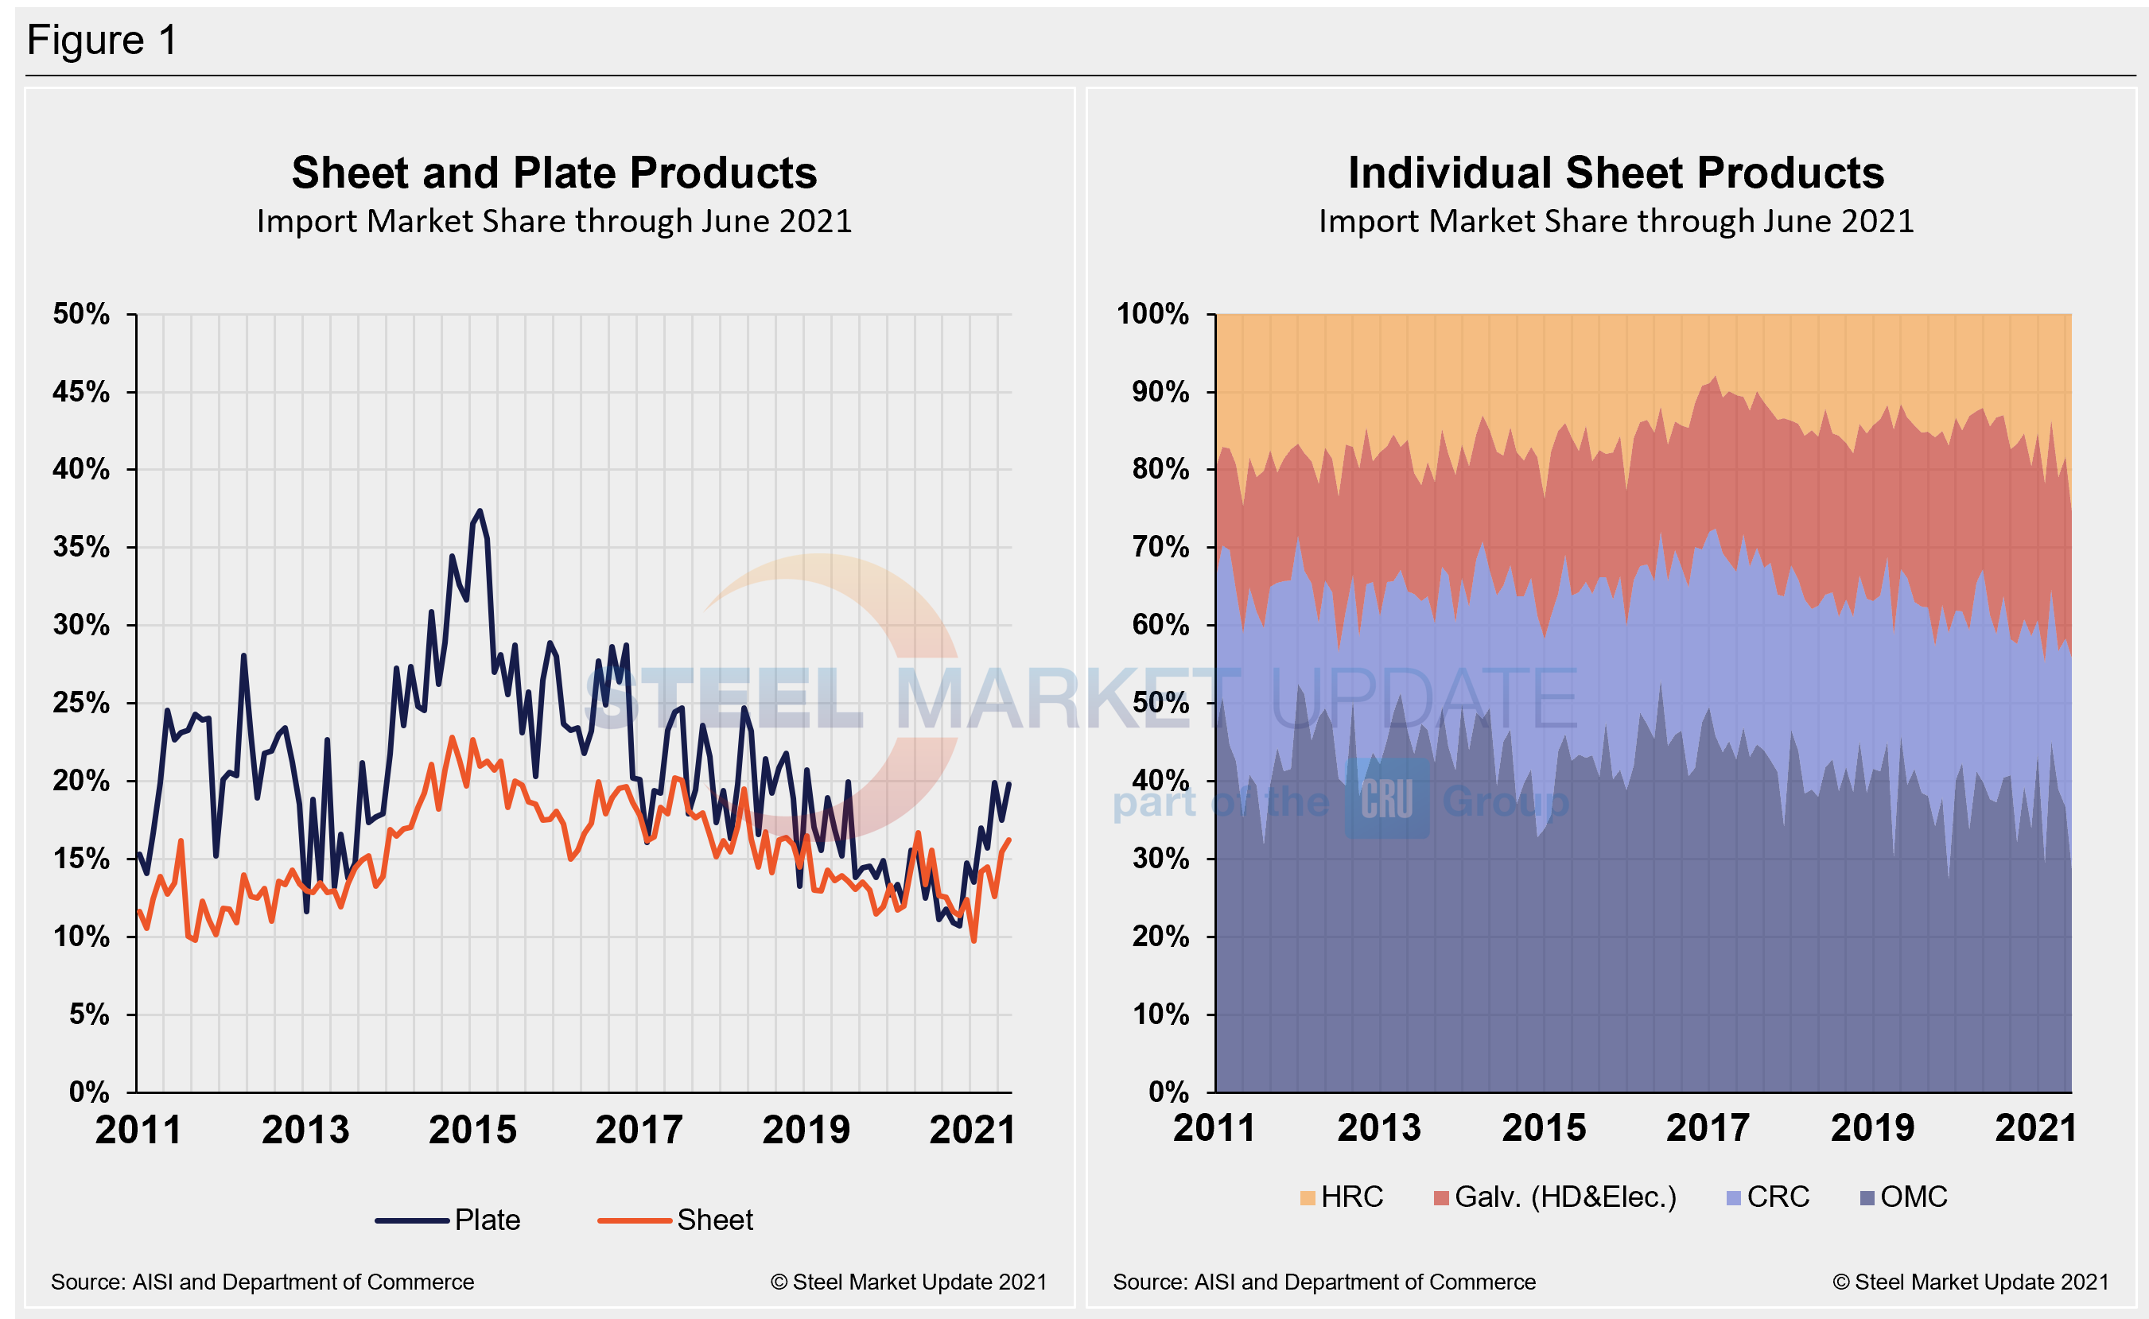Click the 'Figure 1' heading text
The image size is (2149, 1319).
click(x=102, y=40)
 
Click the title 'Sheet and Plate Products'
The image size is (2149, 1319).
click(x=554, y=173)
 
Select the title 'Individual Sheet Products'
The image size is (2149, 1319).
click(x=1615, y=173)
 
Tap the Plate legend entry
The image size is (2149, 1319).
click(x=449, y=1220)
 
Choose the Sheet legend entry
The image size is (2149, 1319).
click(x=675, y=1220)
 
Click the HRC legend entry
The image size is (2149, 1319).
click(x=1341, y=1197)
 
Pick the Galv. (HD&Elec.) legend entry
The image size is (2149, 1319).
click(x=1554, y=1197)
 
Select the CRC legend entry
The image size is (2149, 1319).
click(x=1768, y=1197)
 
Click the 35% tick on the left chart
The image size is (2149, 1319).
click(x=81, y=547)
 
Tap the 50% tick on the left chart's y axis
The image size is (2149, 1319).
click(x=81, y=314)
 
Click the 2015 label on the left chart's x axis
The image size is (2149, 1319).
click(x=472, y=1130)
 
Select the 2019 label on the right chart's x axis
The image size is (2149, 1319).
click(x=1871, y=1128)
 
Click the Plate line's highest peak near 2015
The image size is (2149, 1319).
click(x=479, y=511)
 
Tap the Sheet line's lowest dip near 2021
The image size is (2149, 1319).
click(x=973, y=941)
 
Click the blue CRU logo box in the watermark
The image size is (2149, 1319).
click(x=1386, y=798)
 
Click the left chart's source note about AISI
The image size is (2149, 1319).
click(x=262, y=1282)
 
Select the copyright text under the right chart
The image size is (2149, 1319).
click(x=1970, y=1282)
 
